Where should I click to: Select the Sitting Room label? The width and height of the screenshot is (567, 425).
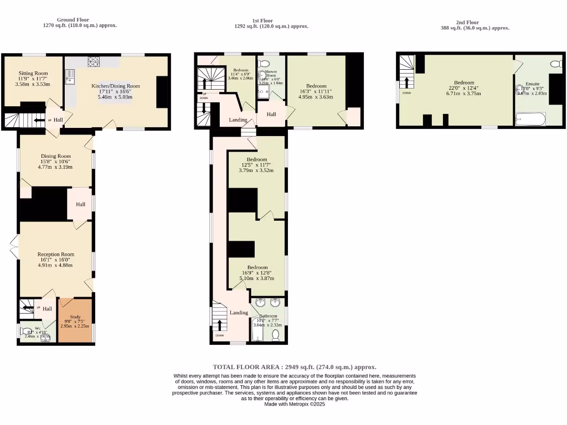click(33, 73)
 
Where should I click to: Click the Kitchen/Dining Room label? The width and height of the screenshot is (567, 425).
click(115, 86)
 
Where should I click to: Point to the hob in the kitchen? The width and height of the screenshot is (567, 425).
click(93, 61)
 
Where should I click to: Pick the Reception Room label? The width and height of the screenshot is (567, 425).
click(55, 255)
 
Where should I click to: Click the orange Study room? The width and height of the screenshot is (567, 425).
click(75, 321)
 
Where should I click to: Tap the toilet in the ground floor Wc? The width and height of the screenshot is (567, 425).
click(26, 331)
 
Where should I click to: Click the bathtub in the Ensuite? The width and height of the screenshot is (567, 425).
click(530, 119)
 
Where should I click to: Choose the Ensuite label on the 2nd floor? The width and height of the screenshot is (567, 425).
click(532, 84)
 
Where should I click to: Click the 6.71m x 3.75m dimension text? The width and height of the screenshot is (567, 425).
click(464, 94)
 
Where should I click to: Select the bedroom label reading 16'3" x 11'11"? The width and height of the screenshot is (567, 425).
click(316, 91)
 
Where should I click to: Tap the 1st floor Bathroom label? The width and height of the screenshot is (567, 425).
click(268, 317)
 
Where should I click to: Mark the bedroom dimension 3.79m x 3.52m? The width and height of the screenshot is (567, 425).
click(256, 170)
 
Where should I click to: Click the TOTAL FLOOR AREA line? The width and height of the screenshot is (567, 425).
click(295, 367)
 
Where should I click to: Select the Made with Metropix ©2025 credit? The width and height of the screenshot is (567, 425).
click(295, 405)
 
